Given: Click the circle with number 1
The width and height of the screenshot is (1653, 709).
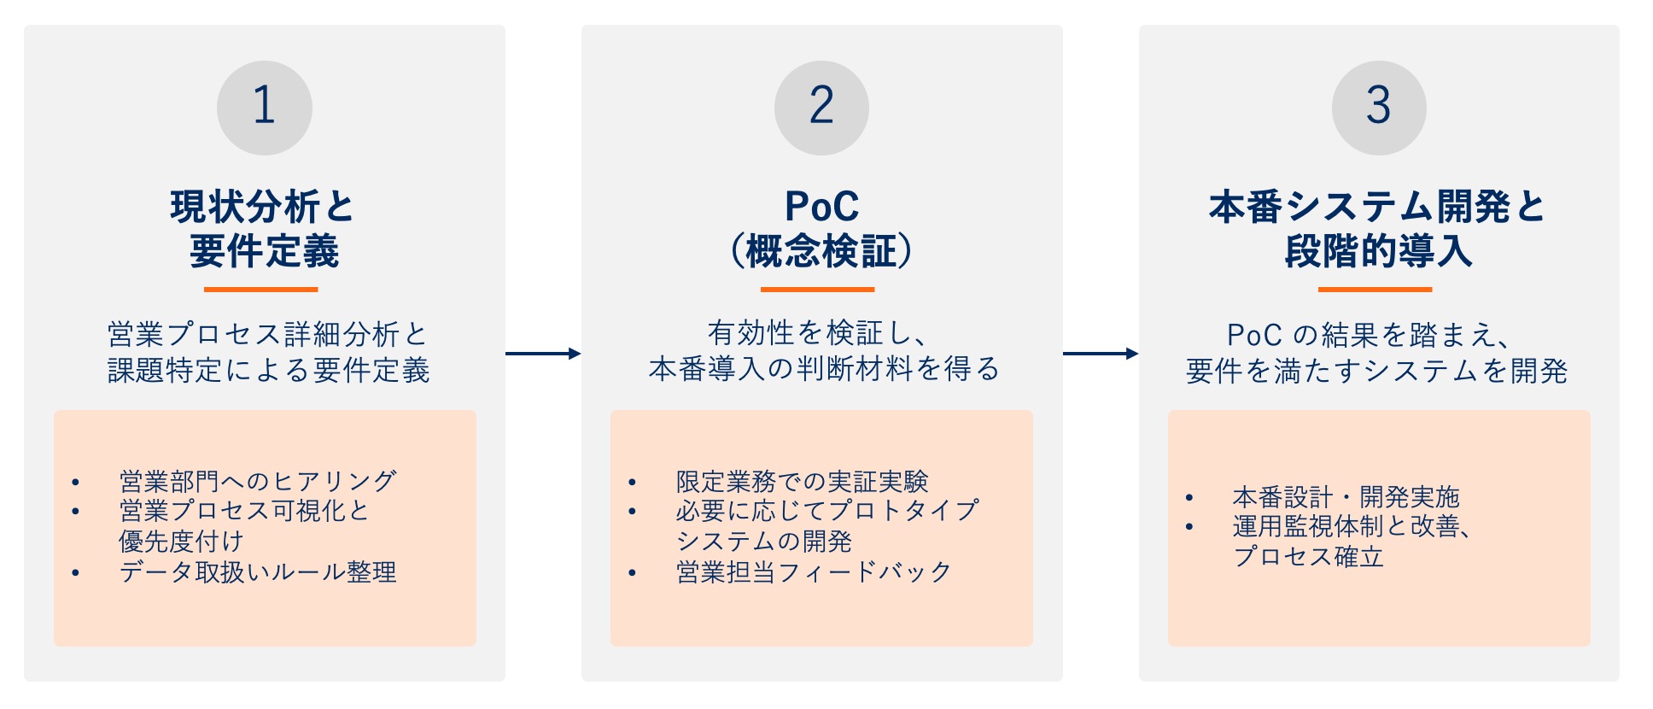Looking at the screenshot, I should pos(264,108).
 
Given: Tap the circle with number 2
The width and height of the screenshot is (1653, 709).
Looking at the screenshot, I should pos(821,108).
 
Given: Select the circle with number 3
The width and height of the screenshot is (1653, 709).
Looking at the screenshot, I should pos(1379,108).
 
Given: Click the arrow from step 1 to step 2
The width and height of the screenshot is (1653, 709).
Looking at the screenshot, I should pos(543,353).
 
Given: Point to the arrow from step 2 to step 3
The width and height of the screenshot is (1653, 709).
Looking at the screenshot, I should pos(1101,353).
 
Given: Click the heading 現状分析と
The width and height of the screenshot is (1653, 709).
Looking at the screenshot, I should pos(262,207).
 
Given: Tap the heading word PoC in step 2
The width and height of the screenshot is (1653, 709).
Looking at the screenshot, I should pos(821,207).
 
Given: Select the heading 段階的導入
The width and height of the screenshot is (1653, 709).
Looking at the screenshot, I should pos(1378,252).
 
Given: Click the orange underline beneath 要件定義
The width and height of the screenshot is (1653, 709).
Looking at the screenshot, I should pos(261,290).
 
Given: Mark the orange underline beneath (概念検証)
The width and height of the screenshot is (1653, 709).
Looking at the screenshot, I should pos(817,290).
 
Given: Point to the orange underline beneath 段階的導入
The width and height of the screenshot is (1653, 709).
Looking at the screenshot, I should pos(1375,290).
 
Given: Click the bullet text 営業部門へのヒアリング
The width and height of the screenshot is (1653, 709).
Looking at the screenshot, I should pos(258,481).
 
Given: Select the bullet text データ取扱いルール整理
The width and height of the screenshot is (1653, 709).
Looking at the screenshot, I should pos(258,571).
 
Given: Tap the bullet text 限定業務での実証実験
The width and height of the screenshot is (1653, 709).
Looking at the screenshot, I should pos(802,481).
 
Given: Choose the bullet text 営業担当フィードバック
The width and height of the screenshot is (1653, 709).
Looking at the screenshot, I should pos(814,571).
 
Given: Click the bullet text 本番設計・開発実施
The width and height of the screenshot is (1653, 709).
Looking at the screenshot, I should pos(1346,496).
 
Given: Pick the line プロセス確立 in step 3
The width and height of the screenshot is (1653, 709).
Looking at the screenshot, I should pos(1308,557).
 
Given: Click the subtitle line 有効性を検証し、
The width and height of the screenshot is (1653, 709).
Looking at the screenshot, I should pos(820,332).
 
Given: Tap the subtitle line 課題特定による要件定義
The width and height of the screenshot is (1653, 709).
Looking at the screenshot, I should pos(268,371).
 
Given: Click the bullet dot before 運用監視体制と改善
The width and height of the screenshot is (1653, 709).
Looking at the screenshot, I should pos(1189,527).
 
